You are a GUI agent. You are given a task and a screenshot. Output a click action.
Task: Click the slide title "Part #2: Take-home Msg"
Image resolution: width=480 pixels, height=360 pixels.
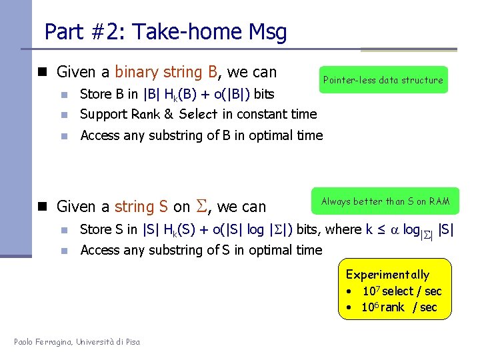pos(165,31)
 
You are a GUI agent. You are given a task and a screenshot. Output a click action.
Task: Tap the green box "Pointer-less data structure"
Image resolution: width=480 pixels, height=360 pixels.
pos(383,80)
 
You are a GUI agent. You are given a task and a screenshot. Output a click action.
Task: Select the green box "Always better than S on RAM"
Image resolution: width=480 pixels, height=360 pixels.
pos(385,201)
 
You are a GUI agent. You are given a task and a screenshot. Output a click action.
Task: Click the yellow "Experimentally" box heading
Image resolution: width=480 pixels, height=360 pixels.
pos(387,275)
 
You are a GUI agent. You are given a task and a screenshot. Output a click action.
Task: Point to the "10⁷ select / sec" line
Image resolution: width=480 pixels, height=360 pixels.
pos(401,291)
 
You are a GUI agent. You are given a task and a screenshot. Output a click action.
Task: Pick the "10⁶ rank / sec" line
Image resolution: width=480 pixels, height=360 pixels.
pos(399,307)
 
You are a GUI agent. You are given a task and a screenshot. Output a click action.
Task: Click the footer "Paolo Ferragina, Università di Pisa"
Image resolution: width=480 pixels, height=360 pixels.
pos(77,342)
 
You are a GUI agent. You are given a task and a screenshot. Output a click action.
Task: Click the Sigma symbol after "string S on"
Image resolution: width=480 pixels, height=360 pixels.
pos(202,207)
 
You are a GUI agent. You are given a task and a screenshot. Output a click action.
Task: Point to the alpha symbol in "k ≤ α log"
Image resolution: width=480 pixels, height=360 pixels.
pos(395,229)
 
